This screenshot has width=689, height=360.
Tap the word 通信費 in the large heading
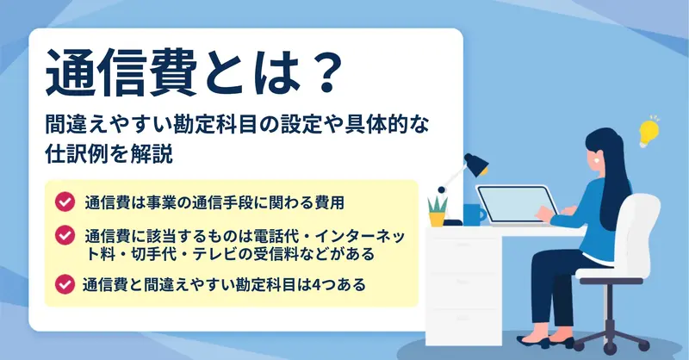click(x=121, y=72)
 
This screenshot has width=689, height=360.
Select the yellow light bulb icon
click(x=649, y=131)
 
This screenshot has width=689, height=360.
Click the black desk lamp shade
click(x=476, y=164)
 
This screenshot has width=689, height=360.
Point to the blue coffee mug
click(x=475, y=214)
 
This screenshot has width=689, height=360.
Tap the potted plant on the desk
click(x=438, y=211)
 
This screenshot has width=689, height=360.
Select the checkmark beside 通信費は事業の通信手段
click(x=65, y=202)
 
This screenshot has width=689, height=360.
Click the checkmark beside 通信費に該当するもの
click(x=65, y=235)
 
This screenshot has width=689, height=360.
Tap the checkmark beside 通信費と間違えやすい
click(x=65, y=284)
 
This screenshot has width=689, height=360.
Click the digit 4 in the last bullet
click(x=317, y=285)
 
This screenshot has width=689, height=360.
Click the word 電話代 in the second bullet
click(x=275, y=238)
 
